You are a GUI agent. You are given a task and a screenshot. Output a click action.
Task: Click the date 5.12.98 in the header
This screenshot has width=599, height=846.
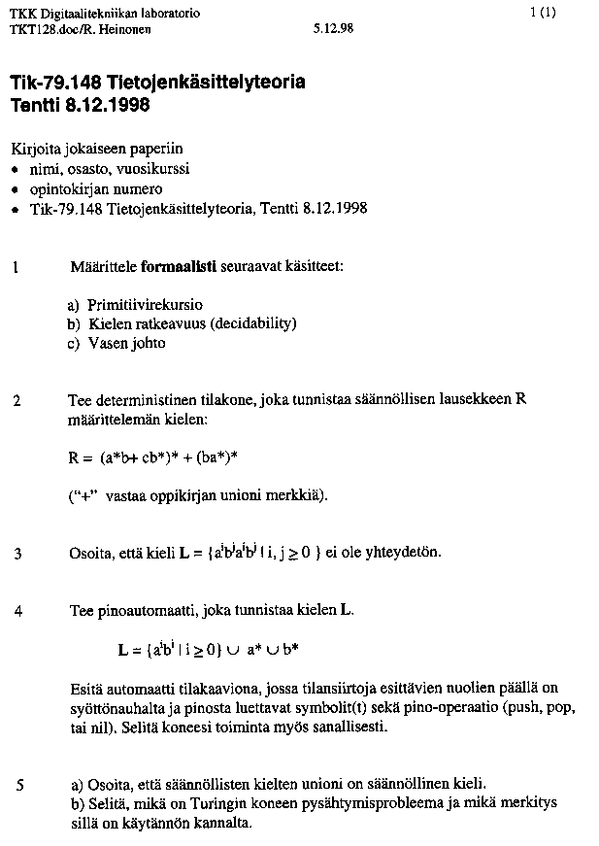click(x=334, y=29)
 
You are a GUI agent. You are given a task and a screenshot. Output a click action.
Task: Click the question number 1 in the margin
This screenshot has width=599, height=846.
click(x=17, y=266)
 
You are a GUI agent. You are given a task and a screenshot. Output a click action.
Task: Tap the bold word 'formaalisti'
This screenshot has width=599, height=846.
click(x=177, y=266)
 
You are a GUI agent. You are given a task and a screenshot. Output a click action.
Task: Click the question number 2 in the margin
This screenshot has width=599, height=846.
click(x=17, y=401)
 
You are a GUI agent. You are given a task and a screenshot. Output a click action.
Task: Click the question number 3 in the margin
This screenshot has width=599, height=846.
click(x=17, y=555)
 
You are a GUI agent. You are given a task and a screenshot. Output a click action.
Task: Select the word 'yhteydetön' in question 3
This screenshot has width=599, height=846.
click(x=408, y=553)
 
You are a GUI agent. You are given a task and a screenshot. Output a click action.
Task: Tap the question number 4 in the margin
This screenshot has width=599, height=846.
click(x=17, y=612)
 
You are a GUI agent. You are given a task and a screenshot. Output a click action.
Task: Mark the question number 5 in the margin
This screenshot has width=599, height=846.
click(x=18, y=786)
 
